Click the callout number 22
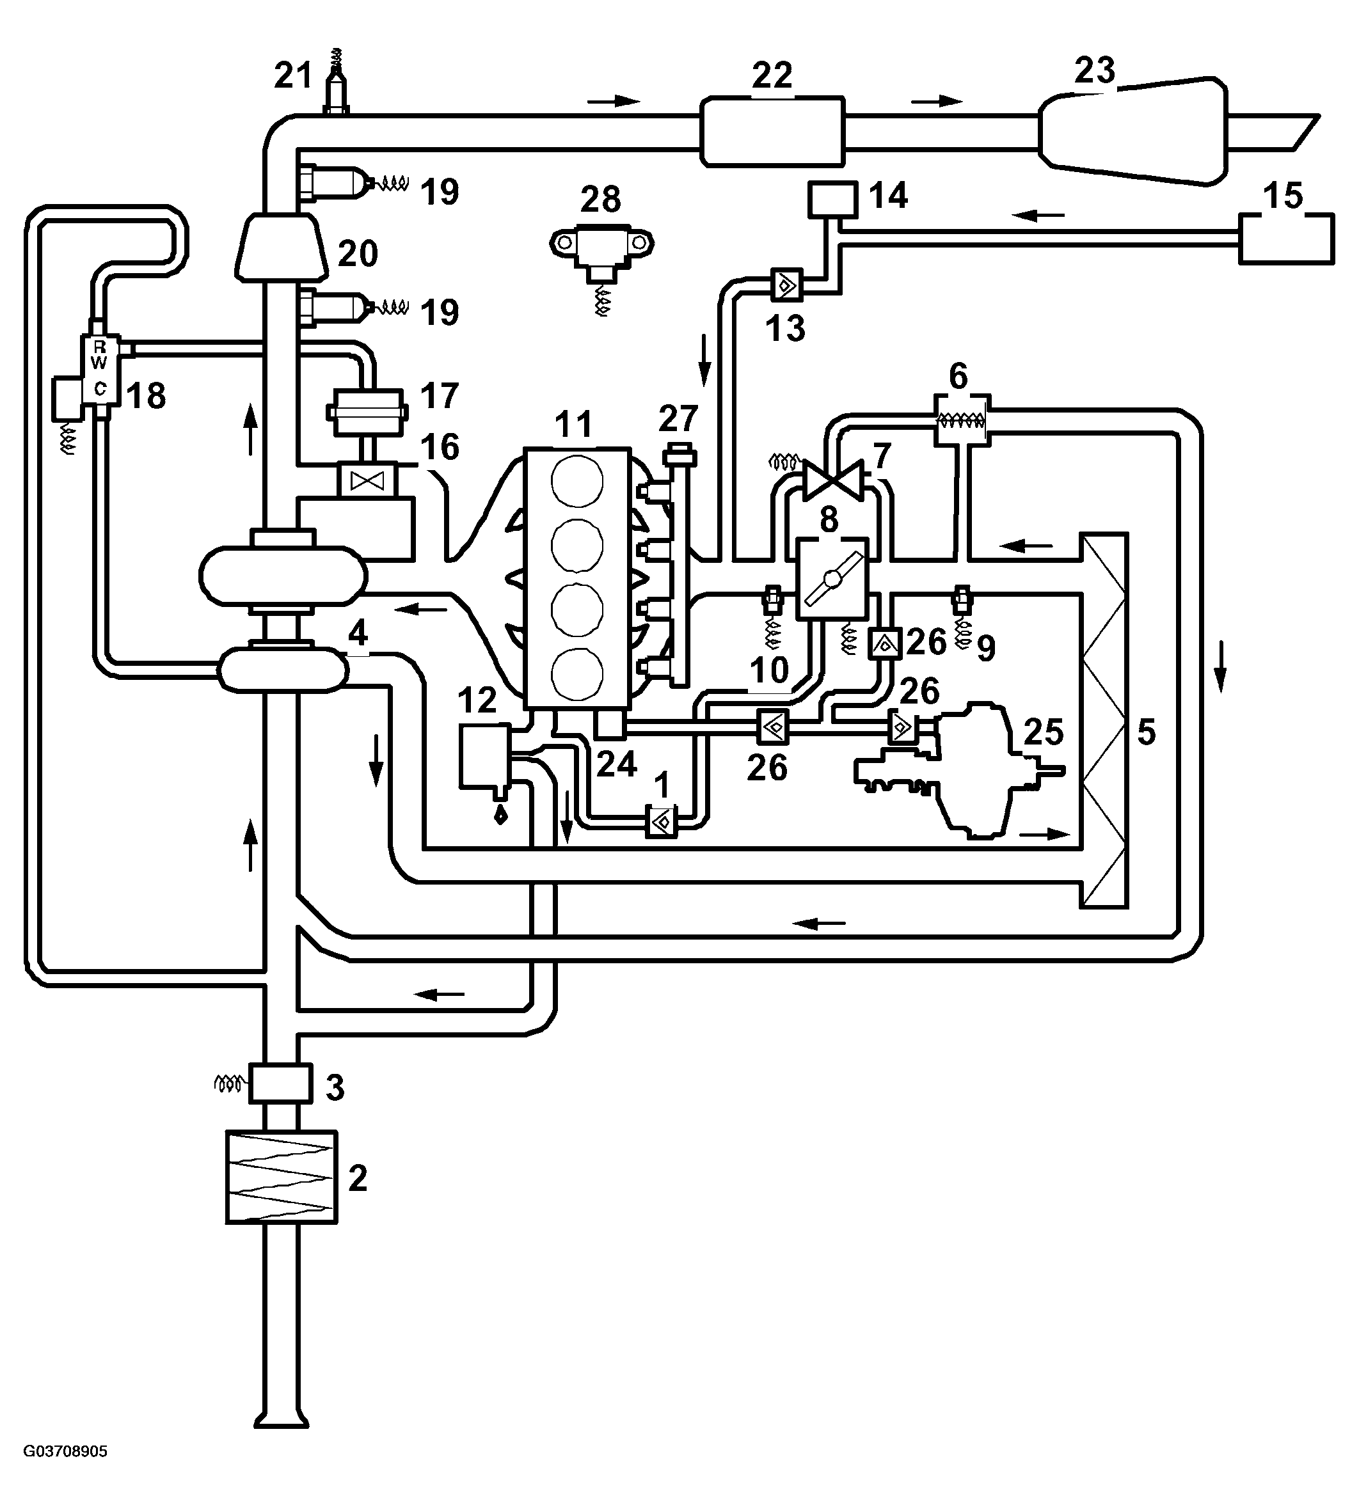772,75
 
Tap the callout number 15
1283,196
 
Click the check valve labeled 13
786,285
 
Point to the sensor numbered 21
337,82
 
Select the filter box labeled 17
366,411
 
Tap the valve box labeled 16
367,480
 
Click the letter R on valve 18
99,347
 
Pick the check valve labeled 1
661,821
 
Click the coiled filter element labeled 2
282,1178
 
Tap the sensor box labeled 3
279,1084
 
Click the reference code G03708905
66,1451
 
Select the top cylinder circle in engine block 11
577,481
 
